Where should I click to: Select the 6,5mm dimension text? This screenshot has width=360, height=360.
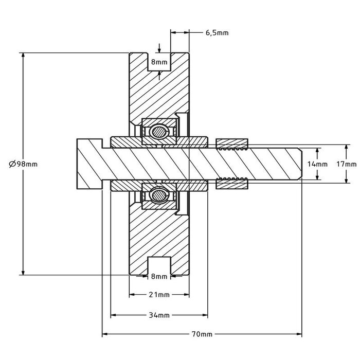tap(217, 32)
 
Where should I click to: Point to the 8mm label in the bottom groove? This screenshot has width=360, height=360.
tap(159, 276)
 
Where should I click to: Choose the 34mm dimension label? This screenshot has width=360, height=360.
tap(159, 315)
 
